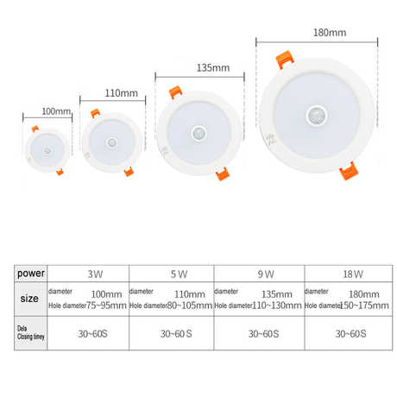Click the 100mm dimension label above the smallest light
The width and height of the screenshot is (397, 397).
[x=56, y=112]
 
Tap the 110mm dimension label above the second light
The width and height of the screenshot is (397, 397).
[x=121, y=92]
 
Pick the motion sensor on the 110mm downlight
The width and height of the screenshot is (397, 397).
[x=112, y=142]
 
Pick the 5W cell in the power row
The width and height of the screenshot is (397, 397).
[x=180, y=274]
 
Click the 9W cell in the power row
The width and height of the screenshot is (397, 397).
[x=266, y=274]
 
